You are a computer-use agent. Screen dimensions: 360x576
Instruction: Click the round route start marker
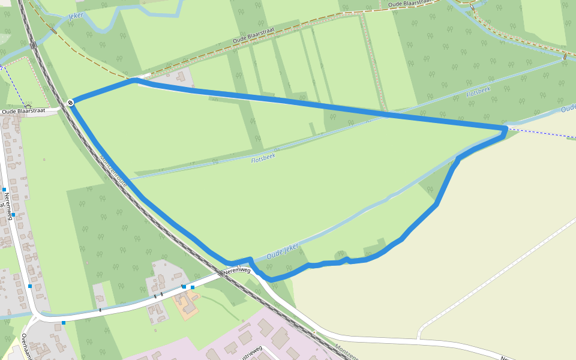(71, 103)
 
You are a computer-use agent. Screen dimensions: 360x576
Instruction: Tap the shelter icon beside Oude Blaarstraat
(28, 107)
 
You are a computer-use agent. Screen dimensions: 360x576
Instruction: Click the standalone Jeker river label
(76, 16)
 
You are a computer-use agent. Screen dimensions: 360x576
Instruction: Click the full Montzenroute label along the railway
(113, 172)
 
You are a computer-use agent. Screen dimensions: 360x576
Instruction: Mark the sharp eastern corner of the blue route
(506, 128)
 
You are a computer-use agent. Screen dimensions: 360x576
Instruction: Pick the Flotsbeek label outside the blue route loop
(478, 92)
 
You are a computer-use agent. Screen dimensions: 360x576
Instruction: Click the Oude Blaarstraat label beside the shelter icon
(24, 112)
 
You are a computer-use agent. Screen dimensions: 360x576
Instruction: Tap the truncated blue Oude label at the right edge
(568, 109)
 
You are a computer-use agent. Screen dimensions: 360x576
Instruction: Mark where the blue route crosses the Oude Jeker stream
(251, 261)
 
